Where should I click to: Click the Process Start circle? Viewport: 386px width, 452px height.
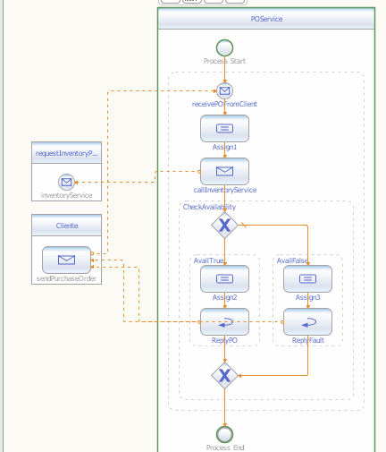click(224, 47)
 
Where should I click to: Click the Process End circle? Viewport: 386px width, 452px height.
click(224, 434)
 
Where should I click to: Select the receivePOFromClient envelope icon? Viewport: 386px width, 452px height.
click(224, 90)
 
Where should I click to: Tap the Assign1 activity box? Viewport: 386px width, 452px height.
click(224, 129)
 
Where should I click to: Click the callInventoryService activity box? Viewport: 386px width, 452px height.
click(224, 171)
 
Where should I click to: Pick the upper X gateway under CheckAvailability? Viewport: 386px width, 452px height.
click(224, 226)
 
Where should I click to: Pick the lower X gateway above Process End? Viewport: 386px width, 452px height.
click(224, 375)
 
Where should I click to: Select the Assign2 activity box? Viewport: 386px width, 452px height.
click(224, 279)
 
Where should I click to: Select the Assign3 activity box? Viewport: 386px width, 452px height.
click(307, 279)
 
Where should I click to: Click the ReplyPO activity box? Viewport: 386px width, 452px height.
click(224, 321)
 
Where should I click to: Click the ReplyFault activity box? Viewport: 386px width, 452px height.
click(307, 321)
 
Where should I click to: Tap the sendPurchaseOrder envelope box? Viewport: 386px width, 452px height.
click(66, 260)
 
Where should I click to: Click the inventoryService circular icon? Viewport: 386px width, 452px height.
click(66, 182)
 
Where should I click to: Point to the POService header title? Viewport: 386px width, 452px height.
click(266, 18)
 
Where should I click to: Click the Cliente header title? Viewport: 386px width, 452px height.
click(66, 226)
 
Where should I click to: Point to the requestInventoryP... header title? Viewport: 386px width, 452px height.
click(66, 153)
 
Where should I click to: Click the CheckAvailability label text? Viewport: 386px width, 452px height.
click(209, 207)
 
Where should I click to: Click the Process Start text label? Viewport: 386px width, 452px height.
click(224, 62)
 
